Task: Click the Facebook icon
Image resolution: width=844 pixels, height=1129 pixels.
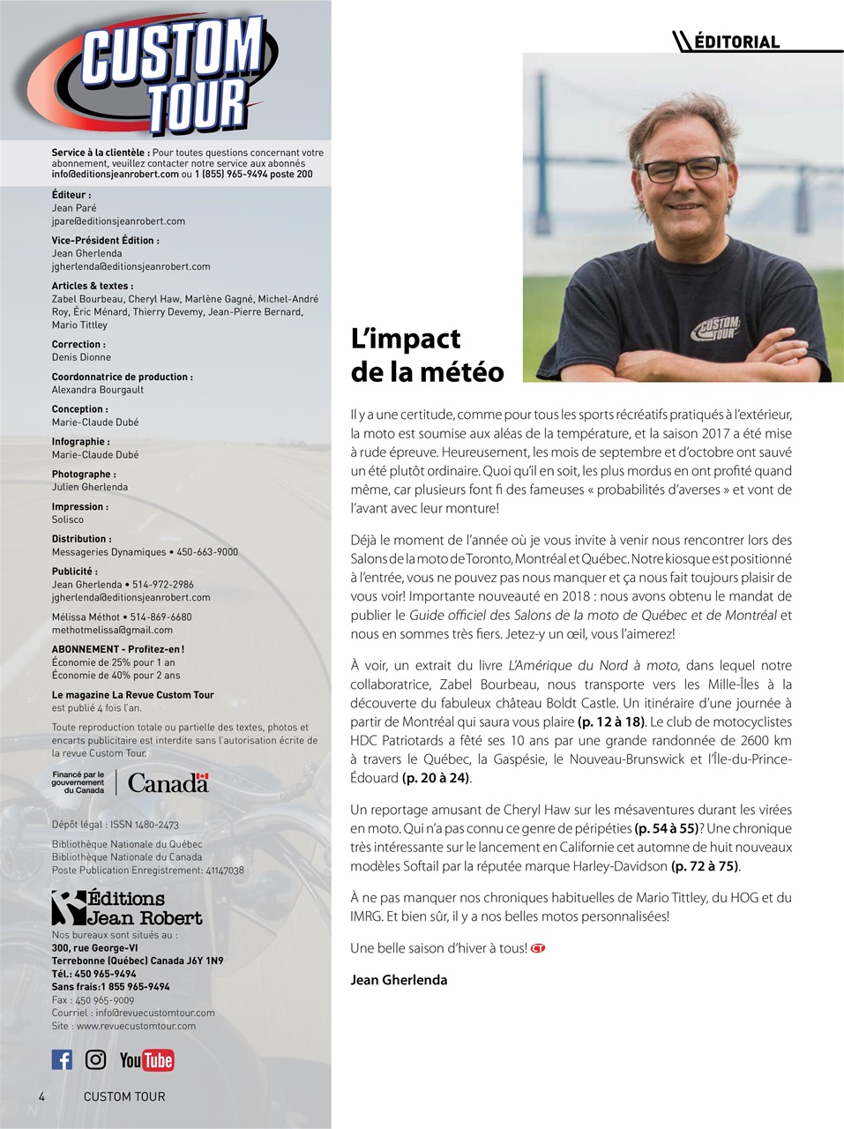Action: point(62,1059)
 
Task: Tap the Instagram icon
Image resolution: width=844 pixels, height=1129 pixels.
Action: point(95,1059)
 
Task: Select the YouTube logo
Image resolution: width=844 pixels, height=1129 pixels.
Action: point(146,1060)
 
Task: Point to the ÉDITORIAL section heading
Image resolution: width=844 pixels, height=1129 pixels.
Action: point(737,41)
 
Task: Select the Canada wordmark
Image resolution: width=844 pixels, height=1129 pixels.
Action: point(168,782)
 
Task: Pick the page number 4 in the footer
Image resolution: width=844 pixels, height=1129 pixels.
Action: point(41,1096)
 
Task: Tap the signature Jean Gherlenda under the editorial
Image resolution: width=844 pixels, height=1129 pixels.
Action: point(399,980)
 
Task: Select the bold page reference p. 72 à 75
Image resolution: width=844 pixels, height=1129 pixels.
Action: point(705,866)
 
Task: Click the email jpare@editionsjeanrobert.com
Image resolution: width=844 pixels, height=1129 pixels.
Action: point(118,221)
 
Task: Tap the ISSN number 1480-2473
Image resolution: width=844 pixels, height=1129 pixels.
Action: point(147,825)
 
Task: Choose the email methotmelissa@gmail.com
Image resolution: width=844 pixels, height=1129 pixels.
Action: point(112,630)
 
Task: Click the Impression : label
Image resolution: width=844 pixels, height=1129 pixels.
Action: point(79,506)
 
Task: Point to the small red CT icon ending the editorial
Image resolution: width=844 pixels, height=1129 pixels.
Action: point(538,948)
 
